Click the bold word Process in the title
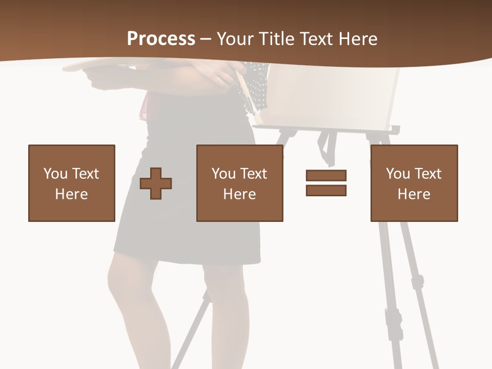click(161, 39)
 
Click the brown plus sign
click(156, 183)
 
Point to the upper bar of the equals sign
click(326, 175)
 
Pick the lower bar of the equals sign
click(326, 190)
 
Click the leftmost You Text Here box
click(71, 183)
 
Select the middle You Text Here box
click(239, 183)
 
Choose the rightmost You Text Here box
click(414, 183)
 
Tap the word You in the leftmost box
click(55, 174)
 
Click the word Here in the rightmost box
click(414, 194)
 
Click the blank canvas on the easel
click(333, 97)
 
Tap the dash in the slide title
click(206, 39)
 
